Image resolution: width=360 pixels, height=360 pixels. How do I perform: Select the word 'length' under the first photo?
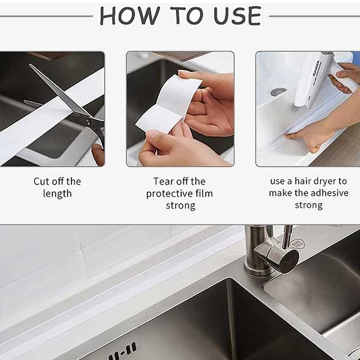pos(57,193)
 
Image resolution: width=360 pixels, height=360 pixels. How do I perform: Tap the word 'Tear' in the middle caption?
pos(164,182)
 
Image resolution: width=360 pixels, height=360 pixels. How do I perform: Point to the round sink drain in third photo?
pos(277,91)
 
